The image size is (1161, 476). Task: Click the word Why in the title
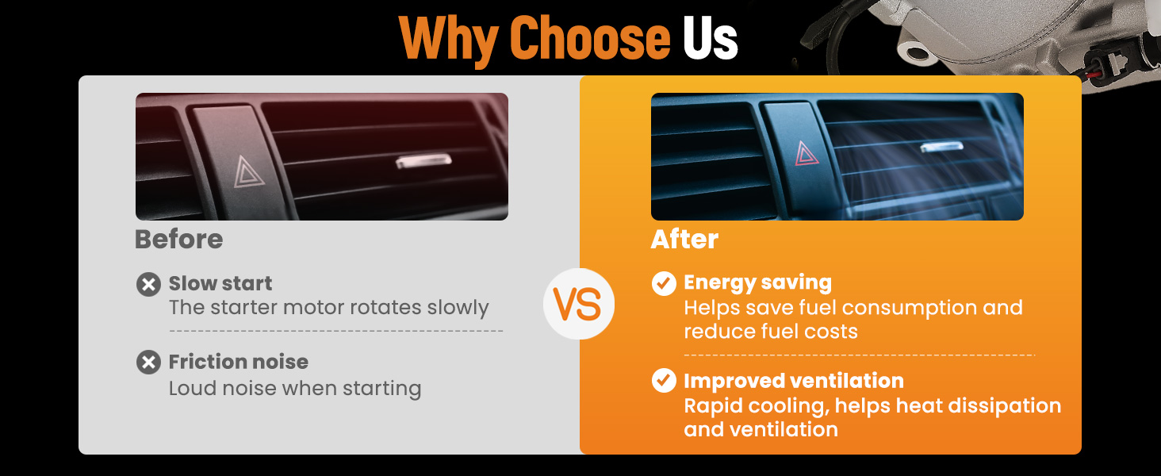click(x=448, y=40)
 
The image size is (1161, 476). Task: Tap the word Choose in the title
click(x=590, y=38)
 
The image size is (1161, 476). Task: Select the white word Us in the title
click(x=710, y=38)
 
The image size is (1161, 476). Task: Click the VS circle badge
click(x=579, y=304)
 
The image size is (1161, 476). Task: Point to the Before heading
click(x=178, y=239)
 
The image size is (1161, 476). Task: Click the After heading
click(x=684, y=239)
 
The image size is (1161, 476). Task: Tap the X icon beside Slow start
click(x=149, y=285)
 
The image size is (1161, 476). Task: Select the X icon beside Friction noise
click(x=149, y=363)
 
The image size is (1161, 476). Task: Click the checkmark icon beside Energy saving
click(x=664, y=284)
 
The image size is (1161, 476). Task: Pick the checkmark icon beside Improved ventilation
click(x=664, y=381)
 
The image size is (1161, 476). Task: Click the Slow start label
click(x=220, y=284)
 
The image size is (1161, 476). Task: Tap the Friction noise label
click(x=239, y=362)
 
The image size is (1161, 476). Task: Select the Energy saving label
click(x=758, y=283)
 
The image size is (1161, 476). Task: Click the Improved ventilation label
click(x=794, y=381)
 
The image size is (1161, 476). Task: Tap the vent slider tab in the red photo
click(x=423, y=161)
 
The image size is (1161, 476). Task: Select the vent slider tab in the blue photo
click(x=942, y=148)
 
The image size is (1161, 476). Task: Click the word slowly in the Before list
click(x=458, y=308)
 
